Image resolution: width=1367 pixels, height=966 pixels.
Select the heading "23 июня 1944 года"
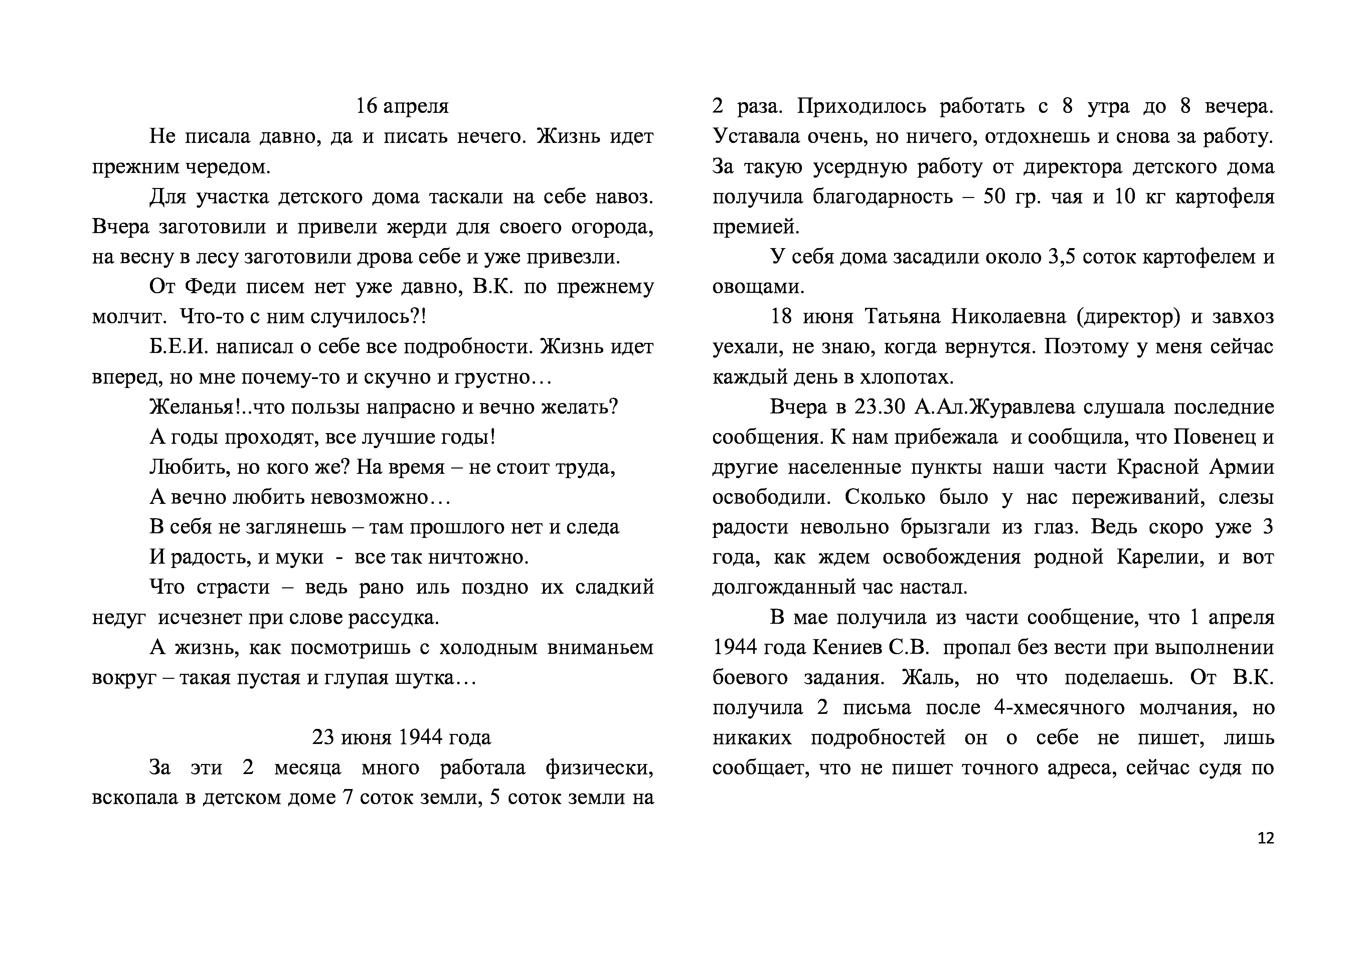pos(402,738)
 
